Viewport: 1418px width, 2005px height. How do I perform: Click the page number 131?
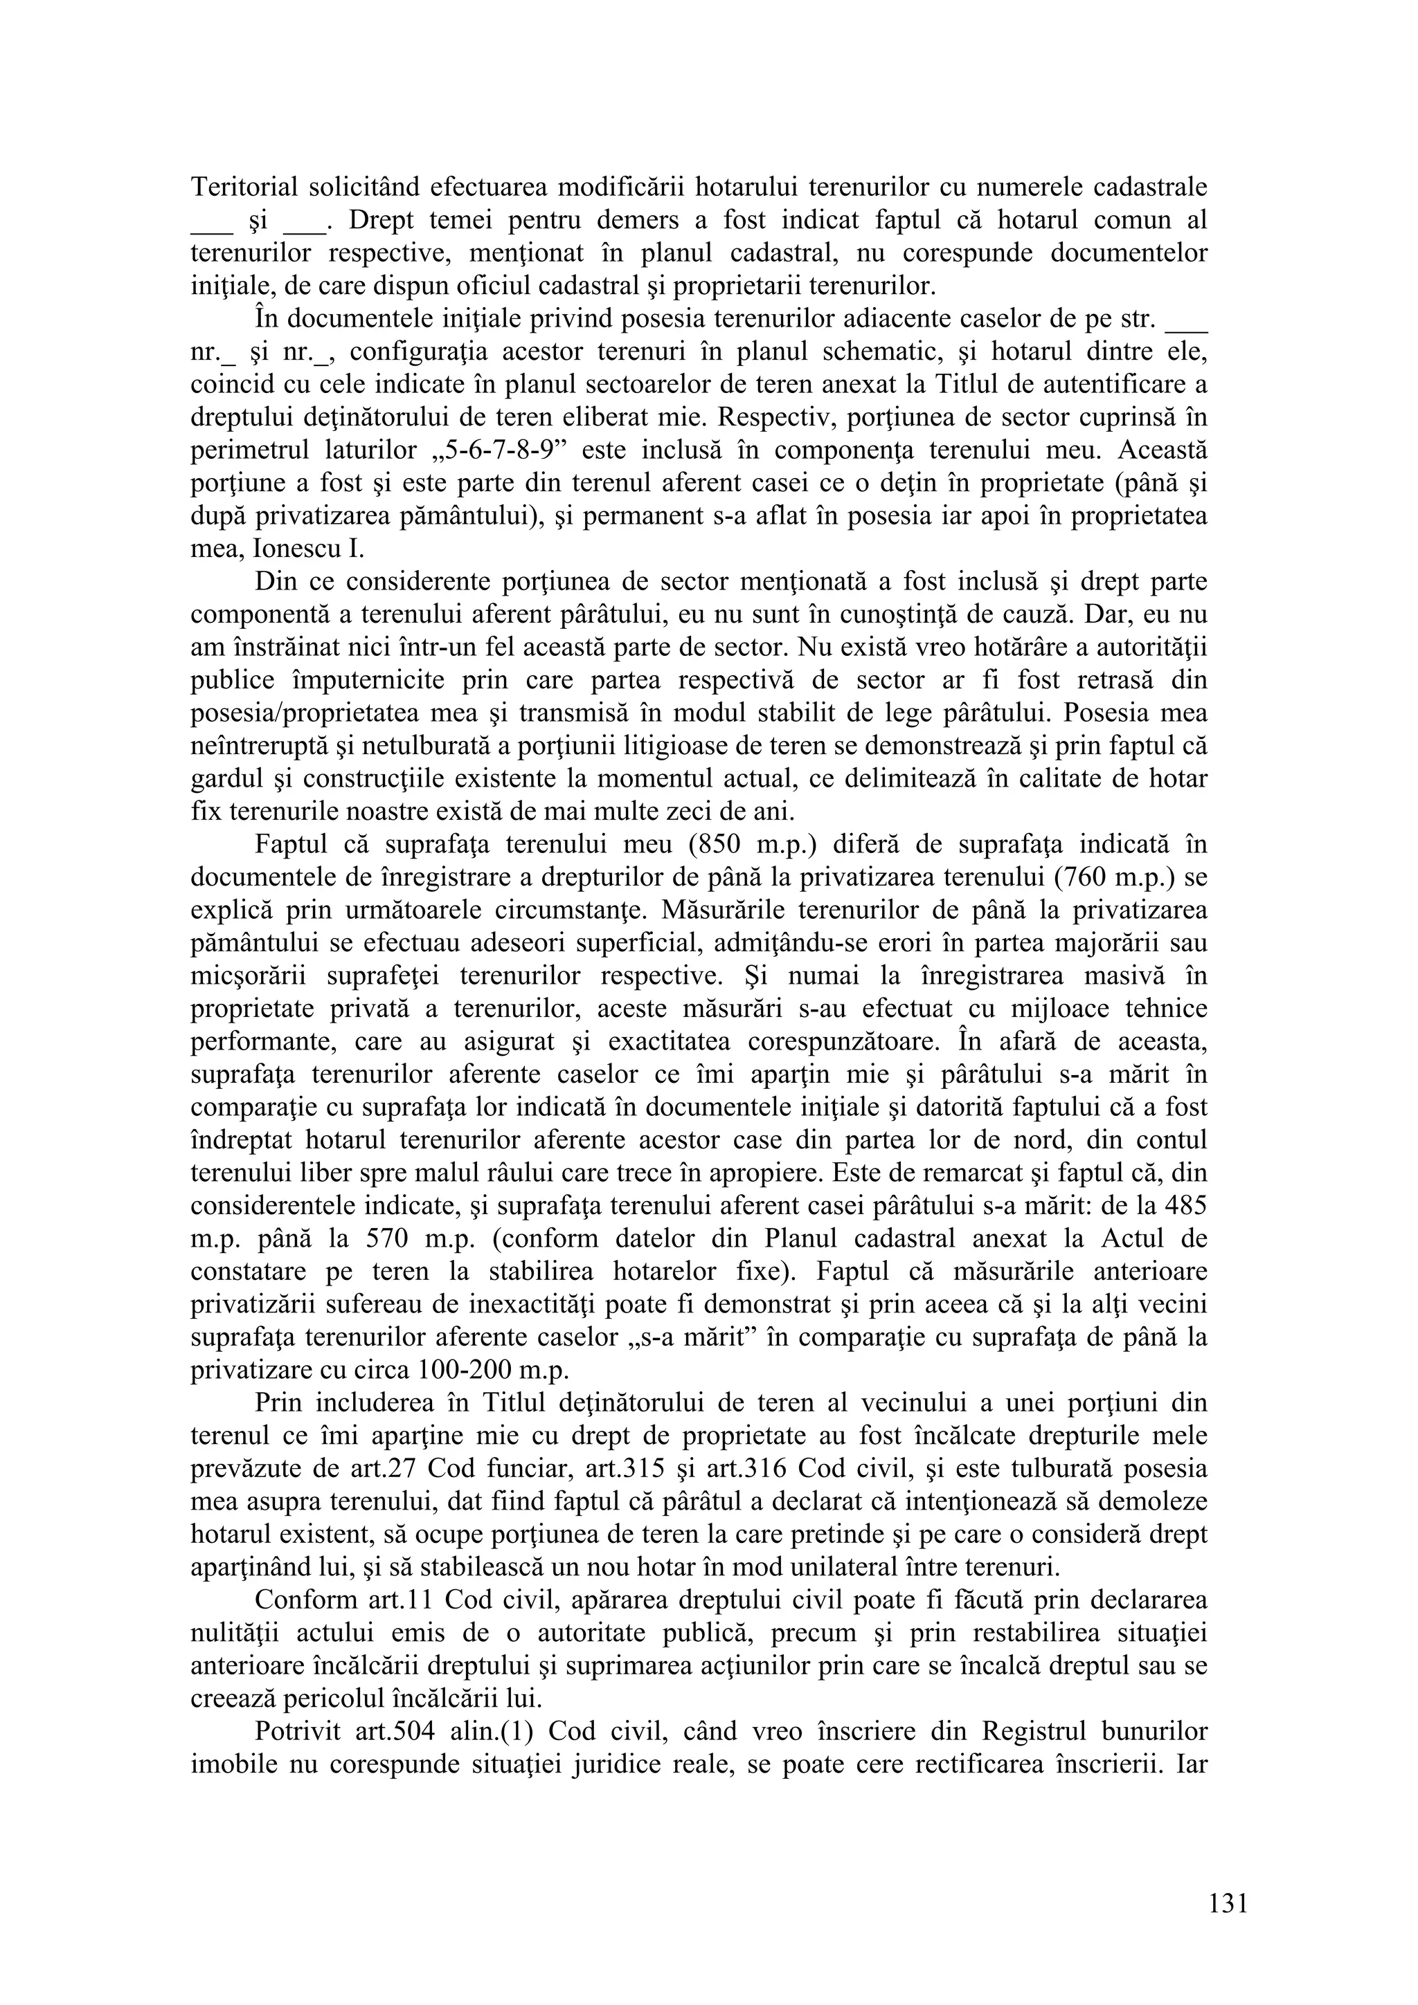(x=1228, y=1896)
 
